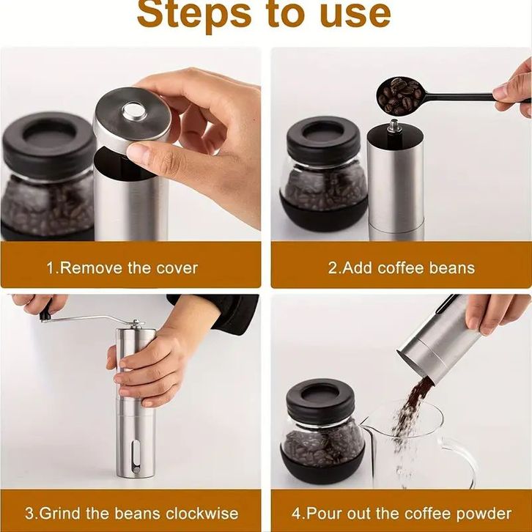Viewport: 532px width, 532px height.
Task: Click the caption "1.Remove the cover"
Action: (x=122, y=268)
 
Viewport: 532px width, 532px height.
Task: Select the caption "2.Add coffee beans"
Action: (x=402, y=268)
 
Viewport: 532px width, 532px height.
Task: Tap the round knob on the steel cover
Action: (x=134, y=111)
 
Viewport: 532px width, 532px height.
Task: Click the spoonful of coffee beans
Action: (x=399, y=96)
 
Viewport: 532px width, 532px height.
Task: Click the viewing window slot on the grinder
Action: (x=136, y=457)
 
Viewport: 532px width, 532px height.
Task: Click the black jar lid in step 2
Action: (x=323, y=140)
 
